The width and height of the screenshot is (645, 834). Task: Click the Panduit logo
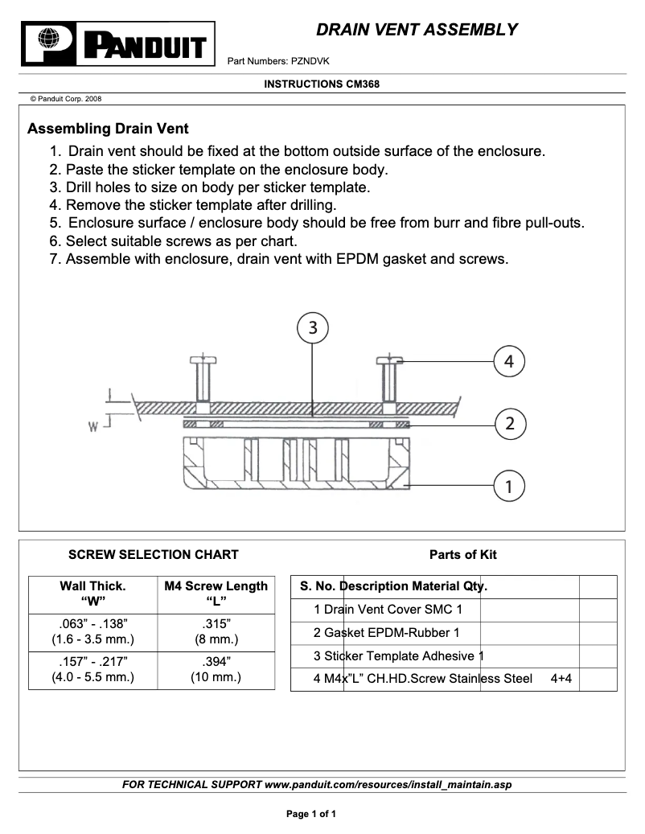tap(119, 44)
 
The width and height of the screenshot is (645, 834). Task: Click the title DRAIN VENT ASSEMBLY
tap(417, 31)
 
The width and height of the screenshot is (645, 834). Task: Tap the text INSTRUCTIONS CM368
tap(322, 84)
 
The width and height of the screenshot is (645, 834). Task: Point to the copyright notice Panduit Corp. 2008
tap(65, 99)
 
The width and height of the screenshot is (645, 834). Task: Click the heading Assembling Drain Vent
tap(108, 129)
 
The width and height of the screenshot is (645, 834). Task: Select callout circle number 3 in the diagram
tap(313, 327)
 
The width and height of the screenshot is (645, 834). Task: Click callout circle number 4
tap(509, 362)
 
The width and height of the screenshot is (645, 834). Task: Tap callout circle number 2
tap(509, 422)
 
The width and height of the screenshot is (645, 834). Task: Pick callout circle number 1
tap(509, 486)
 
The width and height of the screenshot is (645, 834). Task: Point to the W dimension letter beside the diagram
tap(93, 428)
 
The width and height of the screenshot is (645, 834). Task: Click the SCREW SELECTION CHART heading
tap(153, 555)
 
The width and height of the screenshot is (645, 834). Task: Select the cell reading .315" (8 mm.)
tap(216, 632)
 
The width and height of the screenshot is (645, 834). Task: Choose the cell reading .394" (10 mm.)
tap(216, 669)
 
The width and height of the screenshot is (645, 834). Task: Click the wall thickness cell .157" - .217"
tap(92, 669)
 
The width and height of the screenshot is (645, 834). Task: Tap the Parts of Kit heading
tap(462, 555)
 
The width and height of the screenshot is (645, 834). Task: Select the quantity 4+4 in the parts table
tap(561, 679)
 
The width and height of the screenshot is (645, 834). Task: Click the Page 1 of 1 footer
tap(311, 814)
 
